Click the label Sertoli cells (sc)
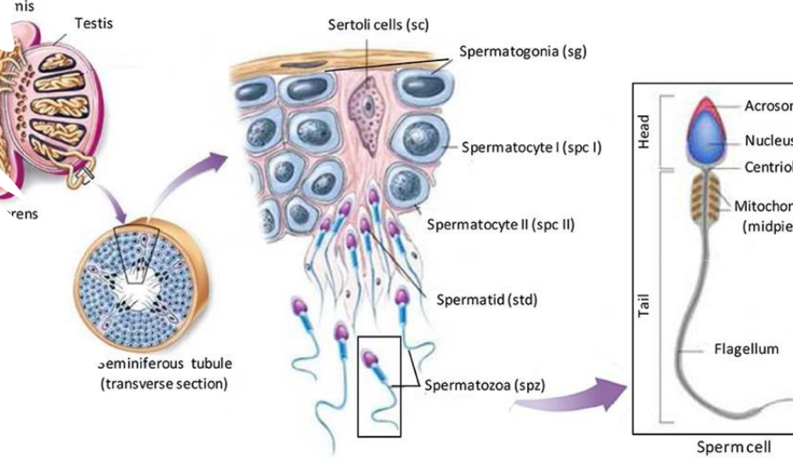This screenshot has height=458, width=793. [378, 25]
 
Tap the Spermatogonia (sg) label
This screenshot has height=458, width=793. [523, 51]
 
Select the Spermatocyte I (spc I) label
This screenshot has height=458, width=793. [531, 147]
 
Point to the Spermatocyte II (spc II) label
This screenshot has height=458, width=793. [501, 225]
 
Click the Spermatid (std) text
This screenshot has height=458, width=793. [486, 300]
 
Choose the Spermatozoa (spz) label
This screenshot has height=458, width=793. [485, 386]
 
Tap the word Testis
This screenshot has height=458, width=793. [94, 23]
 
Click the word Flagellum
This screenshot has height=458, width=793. [746, 349]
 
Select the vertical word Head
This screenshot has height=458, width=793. [644, 131]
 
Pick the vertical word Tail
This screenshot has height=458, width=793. [644, 305]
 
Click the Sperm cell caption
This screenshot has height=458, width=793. [733, 447]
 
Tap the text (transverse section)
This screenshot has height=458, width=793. [164, 384]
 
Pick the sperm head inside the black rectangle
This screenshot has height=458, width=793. [369, 359]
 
